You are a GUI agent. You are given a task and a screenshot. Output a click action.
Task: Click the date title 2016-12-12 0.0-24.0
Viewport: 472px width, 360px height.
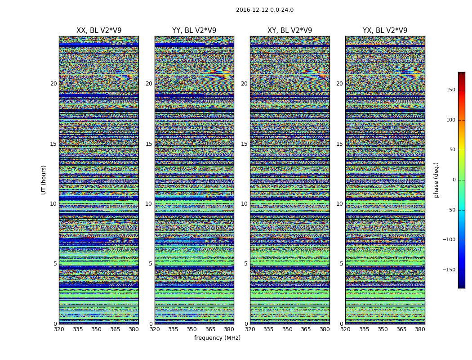pos(264,10)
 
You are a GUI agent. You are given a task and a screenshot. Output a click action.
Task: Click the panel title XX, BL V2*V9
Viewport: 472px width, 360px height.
pos(99,31)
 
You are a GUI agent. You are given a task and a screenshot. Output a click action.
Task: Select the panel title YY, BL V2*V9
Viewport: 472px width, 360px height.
pos(194,31)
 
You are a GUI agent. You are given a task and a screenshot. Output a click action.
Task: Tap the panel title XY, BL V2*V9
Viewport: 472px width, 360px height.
pos(289,31)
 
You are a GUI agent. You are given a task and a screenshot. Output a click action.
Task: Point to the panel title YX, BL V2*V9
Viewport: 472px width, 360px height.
pos(385,31)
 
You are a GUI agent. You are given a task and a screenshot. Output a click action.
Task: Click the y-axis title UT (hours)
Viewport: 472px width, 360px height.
pos(44,180)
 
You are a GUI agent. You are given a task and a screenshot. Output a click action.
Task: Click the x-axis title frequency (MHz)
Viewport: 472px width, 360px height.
pos(217,338)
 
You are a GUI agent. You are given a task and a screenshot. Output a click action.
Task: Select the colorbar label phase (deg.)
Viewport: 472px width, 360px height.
pos(436,180)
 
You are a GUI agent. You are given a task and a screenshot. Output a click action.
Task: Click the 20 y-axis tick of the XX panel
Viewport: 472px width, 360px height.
pos(53,84)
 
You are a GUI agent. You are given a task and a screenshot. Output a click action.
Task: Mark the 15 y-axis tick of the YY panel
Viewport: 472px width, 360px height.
pos(149,144)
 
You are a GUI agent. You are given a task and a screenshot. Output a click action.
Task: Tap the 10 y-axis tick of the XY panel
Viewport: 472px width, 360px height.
pos(244,204)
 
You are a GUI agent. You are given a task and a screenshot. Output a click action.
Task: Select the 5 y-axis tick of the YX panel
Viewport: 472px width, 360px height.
pos(341,264)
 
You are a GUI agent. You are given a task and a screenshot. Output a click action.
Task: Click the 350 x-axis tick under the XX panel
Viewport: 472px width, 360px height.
pos(96,329)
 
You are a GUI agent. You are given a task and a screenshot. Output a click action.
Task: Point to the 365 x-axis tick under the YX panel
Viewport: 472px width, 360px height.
pos(401,329)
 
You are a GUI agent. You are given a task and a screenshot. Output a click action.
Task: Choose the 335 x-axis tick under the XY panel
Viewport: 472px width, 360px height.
pos(268,329)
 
